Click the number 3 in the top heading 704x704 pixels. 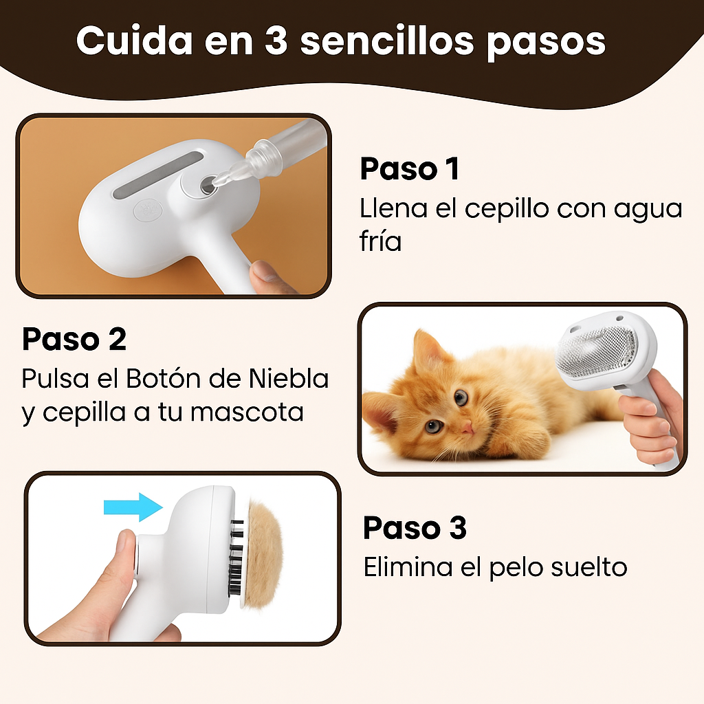point(276,41)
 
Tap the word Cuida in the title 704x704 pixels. point(134,41)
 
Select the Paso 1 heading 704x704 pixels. point(410,169)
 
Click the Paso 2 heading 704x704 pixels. point(74,339)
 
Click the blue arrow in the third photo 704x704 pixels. point(133,507)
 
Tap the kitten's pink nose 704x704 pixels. point(467,427)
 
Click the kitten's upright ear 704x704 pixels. point(426,350)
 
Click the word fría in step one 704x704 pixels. point(380,241)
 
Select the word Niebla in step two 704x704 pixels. point(289,379)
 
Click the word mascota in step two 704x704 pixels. point(247,412)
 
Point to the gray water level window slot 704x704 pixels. point(157,176)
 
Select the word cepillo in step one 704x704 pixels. point(507,210)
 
